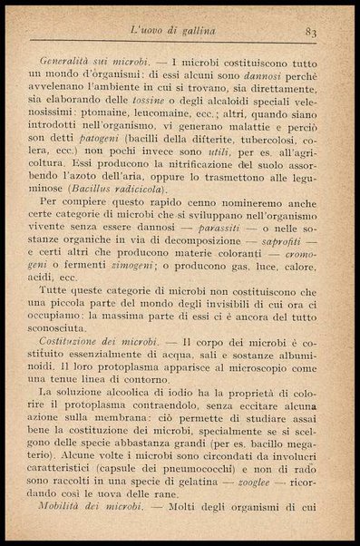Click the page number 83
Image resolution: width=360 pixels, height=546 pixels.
click(x=310, y=33)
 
